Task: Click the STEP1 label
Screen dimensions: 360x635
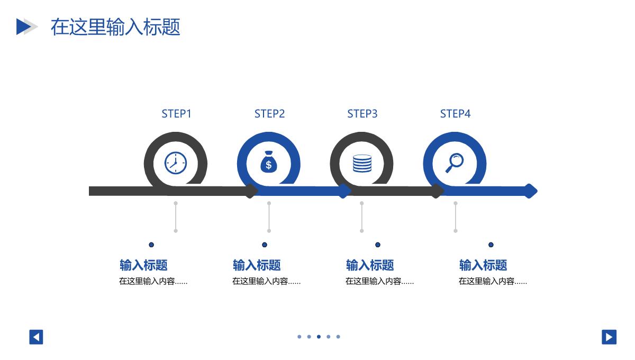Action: (176, 114)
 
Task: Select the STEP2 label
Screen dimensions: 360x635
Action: (269, 114)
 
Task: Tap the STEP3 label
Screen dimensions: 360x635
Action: (362, 114)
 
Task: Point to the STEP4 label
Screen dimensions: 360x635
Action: (455, 114)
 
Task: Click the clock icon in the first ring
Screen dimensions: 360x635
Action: (176, 163)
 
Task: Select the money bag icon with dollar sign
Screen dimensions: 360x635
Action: (268, 163)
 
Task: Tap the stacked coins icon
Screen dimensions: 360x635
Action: (362, 163)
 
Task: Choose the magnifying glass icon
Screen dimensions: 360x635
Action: (454, 163)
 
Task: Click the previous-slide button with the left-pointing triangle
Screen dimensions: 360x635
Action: (36, 337)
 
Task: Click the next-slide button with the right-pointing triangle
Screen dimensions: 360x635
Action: (609, 337)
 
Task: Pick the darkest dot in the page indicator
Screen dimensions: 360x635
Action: (319, 337)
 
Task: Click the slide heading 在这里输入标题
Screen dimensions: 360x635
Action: (115, 26)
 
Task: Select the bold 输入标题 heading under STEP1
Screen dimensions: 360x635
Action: (143, 265)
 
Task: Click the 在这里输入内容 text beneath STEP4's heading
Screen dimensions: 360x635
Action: (493, 282)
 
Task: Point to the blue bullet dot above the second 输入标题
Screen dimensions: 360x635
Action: (265, 245)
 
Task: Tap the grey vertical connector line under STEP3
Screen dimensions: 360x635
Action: (362, 217)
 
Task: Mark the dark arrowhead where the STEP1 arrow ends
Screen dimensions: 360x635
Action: (252, 191)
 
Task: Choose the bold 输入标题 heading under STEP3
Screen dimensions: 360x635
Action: (370, 265)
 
